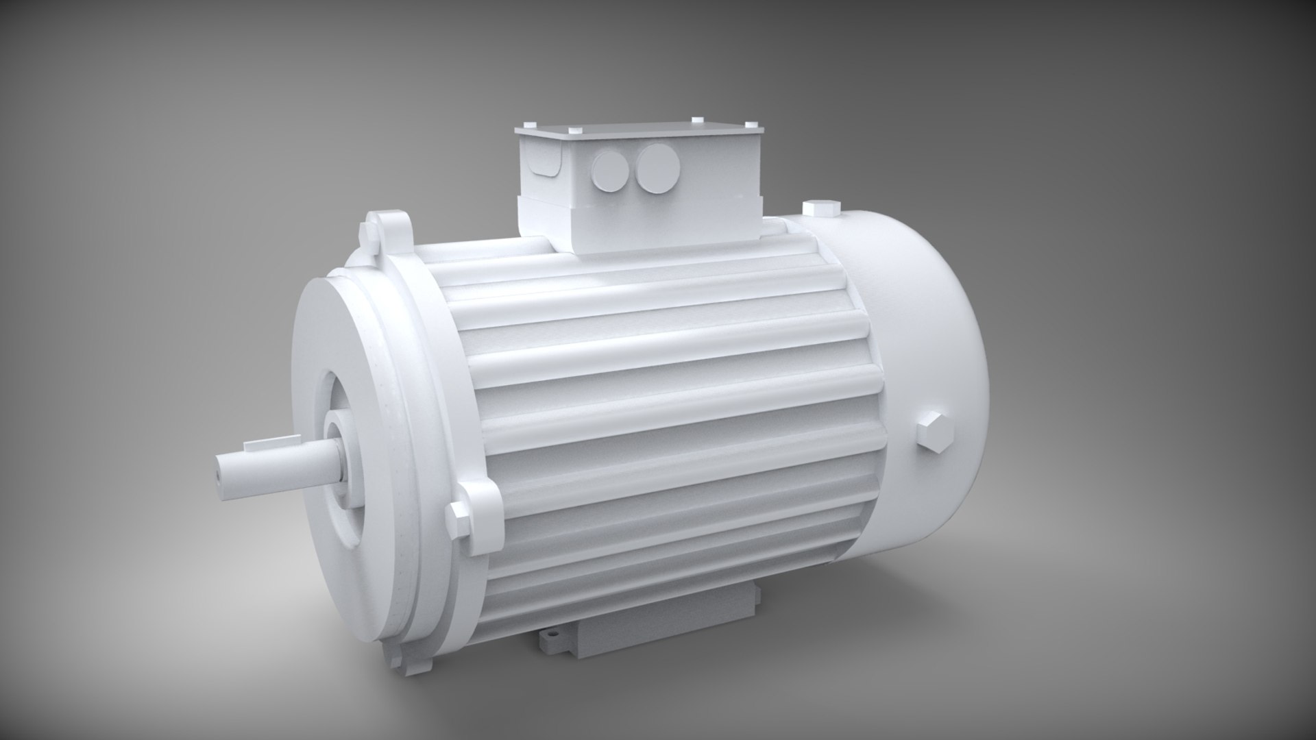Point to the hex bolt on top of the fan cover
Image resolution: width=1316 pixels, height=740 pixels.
pyautogui.click(x=820, y=209)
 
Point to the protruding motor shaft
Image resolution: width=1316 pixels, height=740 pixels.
pyautogui.click(x=274, y=466)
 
